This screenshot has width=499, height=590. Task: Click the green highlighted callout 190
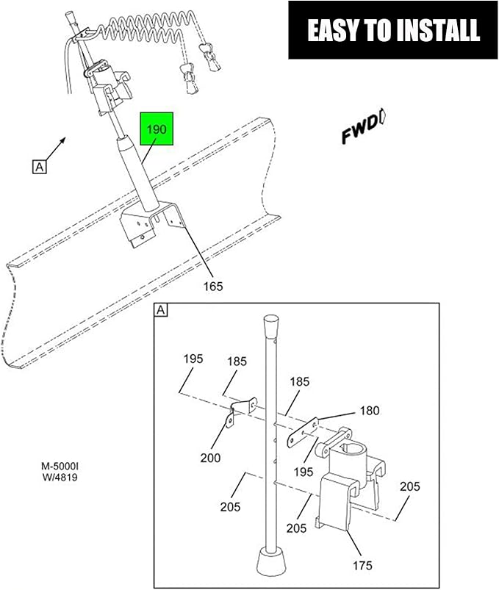tap(157, 129)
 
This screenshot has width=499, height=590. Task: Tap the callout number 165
tap(213, 287)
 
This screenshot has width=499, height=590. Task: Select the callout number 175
tap(362, 565)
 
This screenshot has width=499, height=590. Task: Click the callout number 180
tap(370, 411)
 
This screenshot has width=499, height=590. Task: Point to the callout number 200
tap(210, 458)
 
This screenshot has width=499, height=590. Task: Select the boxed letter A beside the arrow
tap(39, 167)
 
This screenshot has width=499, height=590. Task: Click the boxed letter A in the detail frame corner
tap(161, 310)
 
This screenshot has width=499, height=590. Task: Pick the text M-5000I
tap(60, 467)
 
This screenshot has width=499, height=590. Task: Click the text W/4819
tap(60, 478)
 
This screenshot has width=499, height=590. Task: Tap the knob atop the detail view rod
tap(270, 325)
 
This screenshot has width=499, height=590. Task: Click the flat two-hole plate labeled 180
tap(303, 433)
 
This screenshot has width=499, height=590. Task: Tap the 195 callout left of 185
tap(193, 359)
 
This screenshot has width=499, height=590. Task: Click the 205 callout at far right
tap(409, 486)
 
